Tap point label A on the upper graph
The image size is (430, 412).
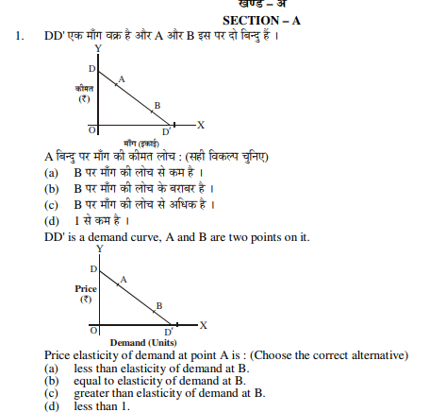121,77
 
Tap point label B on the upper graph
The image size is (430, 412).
157,105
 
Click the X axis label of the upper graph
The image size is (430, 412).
201,125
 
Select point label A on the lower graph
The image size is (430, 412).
124,279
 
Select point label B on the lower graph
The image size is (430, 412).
158,305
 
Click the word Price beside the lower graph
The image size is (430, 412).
87,287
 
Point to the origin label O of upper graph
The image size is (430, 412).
91,129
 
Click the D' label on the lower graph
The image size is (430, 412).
169,332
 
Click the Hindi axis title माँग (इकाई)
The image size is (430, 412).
141,143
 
